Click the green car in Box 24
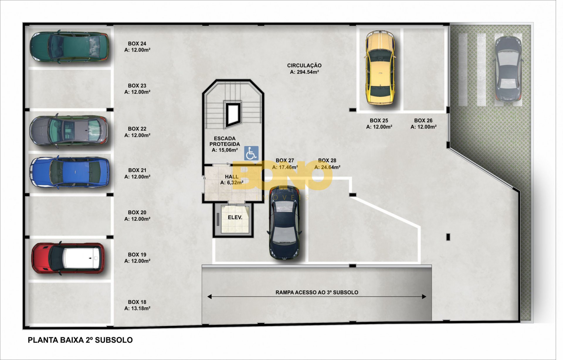[x=69, y=47]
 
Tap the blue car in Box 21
[x=69, y=172]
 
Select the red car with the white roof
[x=68, y=258]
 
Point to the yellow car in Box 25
[x=380, y=67]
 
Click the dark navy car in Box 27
[x=284, y=223]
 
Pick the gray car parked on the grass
[x=508, y=69]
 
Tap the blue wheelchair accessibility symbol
[x=251, y=153]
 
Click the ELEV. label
[x=235, y=218]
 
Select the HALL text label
[x=232, y=177]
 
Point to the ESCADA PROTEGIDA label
[x=225, y=141]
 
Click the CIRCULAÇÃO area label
[x=304, y=66]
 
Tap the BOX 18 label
[x=137, y=302]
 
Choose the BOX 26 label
[x=423, y=120]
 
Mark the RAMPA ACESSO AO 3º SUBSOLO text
[x=317, y=292]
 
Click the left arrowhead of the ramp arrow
[x=209, y=297]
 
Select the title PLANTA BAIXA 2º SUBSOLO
[x=80, y=340]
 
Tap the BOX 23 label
[x=137, y=86]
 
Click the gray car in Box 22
[x=69, y=130]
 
